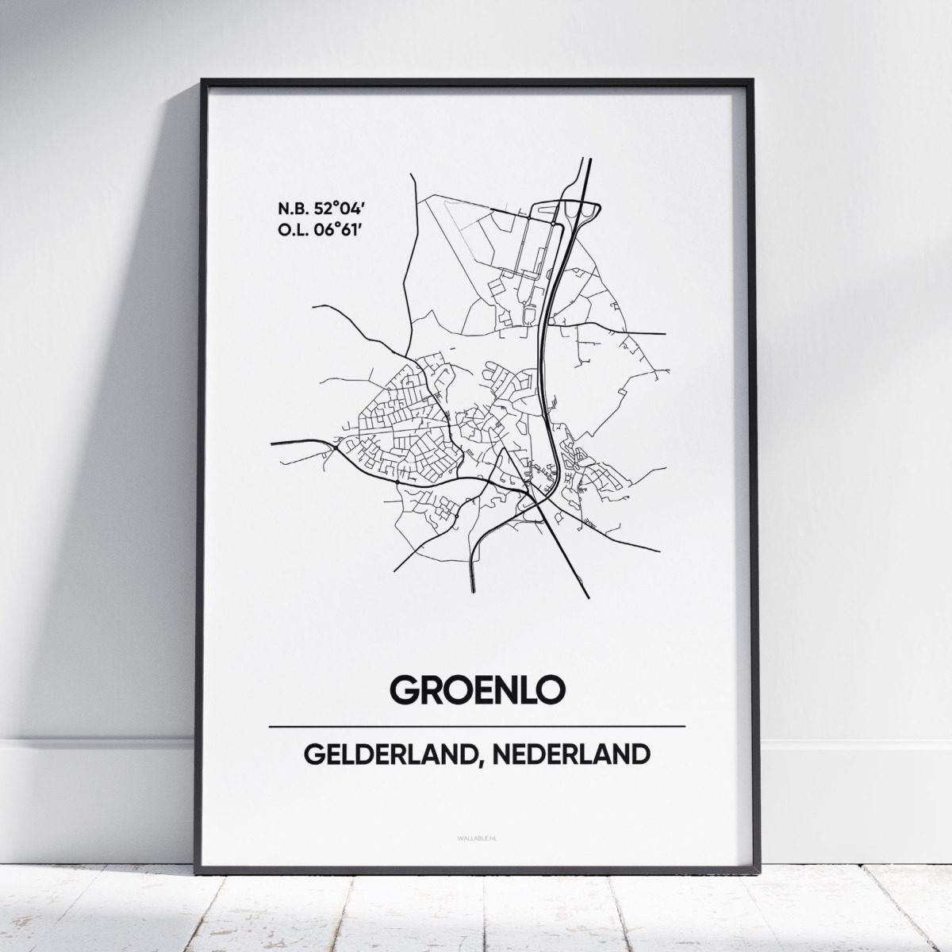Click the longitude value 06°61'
coord(344,230)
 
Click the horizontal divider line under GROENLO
coord(476,726)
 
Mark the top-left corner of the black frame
coord(204,81)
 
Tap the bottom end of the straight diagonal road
coord(588,597)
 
